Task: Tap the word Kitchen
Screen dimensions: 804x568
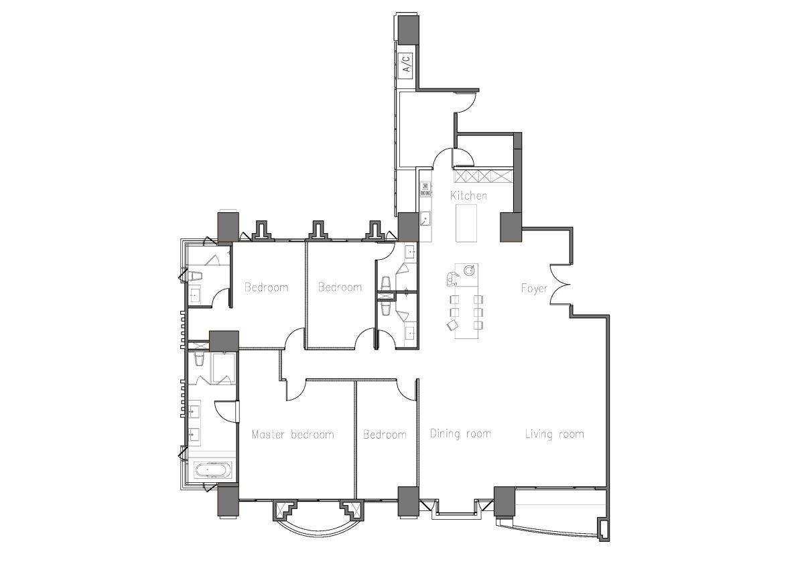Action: point(468,196)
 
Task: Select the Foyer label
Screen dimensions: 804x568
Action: point(534,288)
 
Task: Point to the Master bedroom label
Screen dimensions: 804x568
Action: point(293,435)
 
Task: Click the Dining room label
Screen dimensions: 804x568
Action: point(460,434)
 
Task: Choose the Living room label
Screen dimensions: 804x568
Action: point(555,434)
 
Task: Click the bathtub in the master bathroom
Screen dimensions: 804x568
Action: point(213,470)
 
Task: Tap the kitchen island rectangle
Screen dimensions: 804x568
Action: point(466,223)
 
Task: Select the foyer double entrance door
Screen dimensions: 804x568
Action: point(560,285)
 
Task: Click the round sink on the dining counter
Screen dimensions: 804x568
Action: point(469,270)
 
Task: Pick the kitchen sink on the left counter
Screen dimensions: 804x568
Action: point(425,218)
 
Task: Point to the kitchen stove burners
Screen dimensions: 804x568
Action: point(425,189)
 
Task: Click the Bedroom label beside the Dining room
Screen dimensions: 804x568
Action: point(385,435)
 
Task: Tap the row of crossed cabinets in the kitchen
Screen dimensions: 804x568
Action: point(484,176)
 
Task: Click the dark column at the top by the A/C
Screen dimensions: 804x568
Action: point(408,29)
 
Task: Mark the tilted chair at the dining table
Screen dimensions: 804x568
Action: point(453,325)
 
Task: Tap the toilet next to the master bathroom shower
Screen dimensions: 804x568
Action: point(199,359)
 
